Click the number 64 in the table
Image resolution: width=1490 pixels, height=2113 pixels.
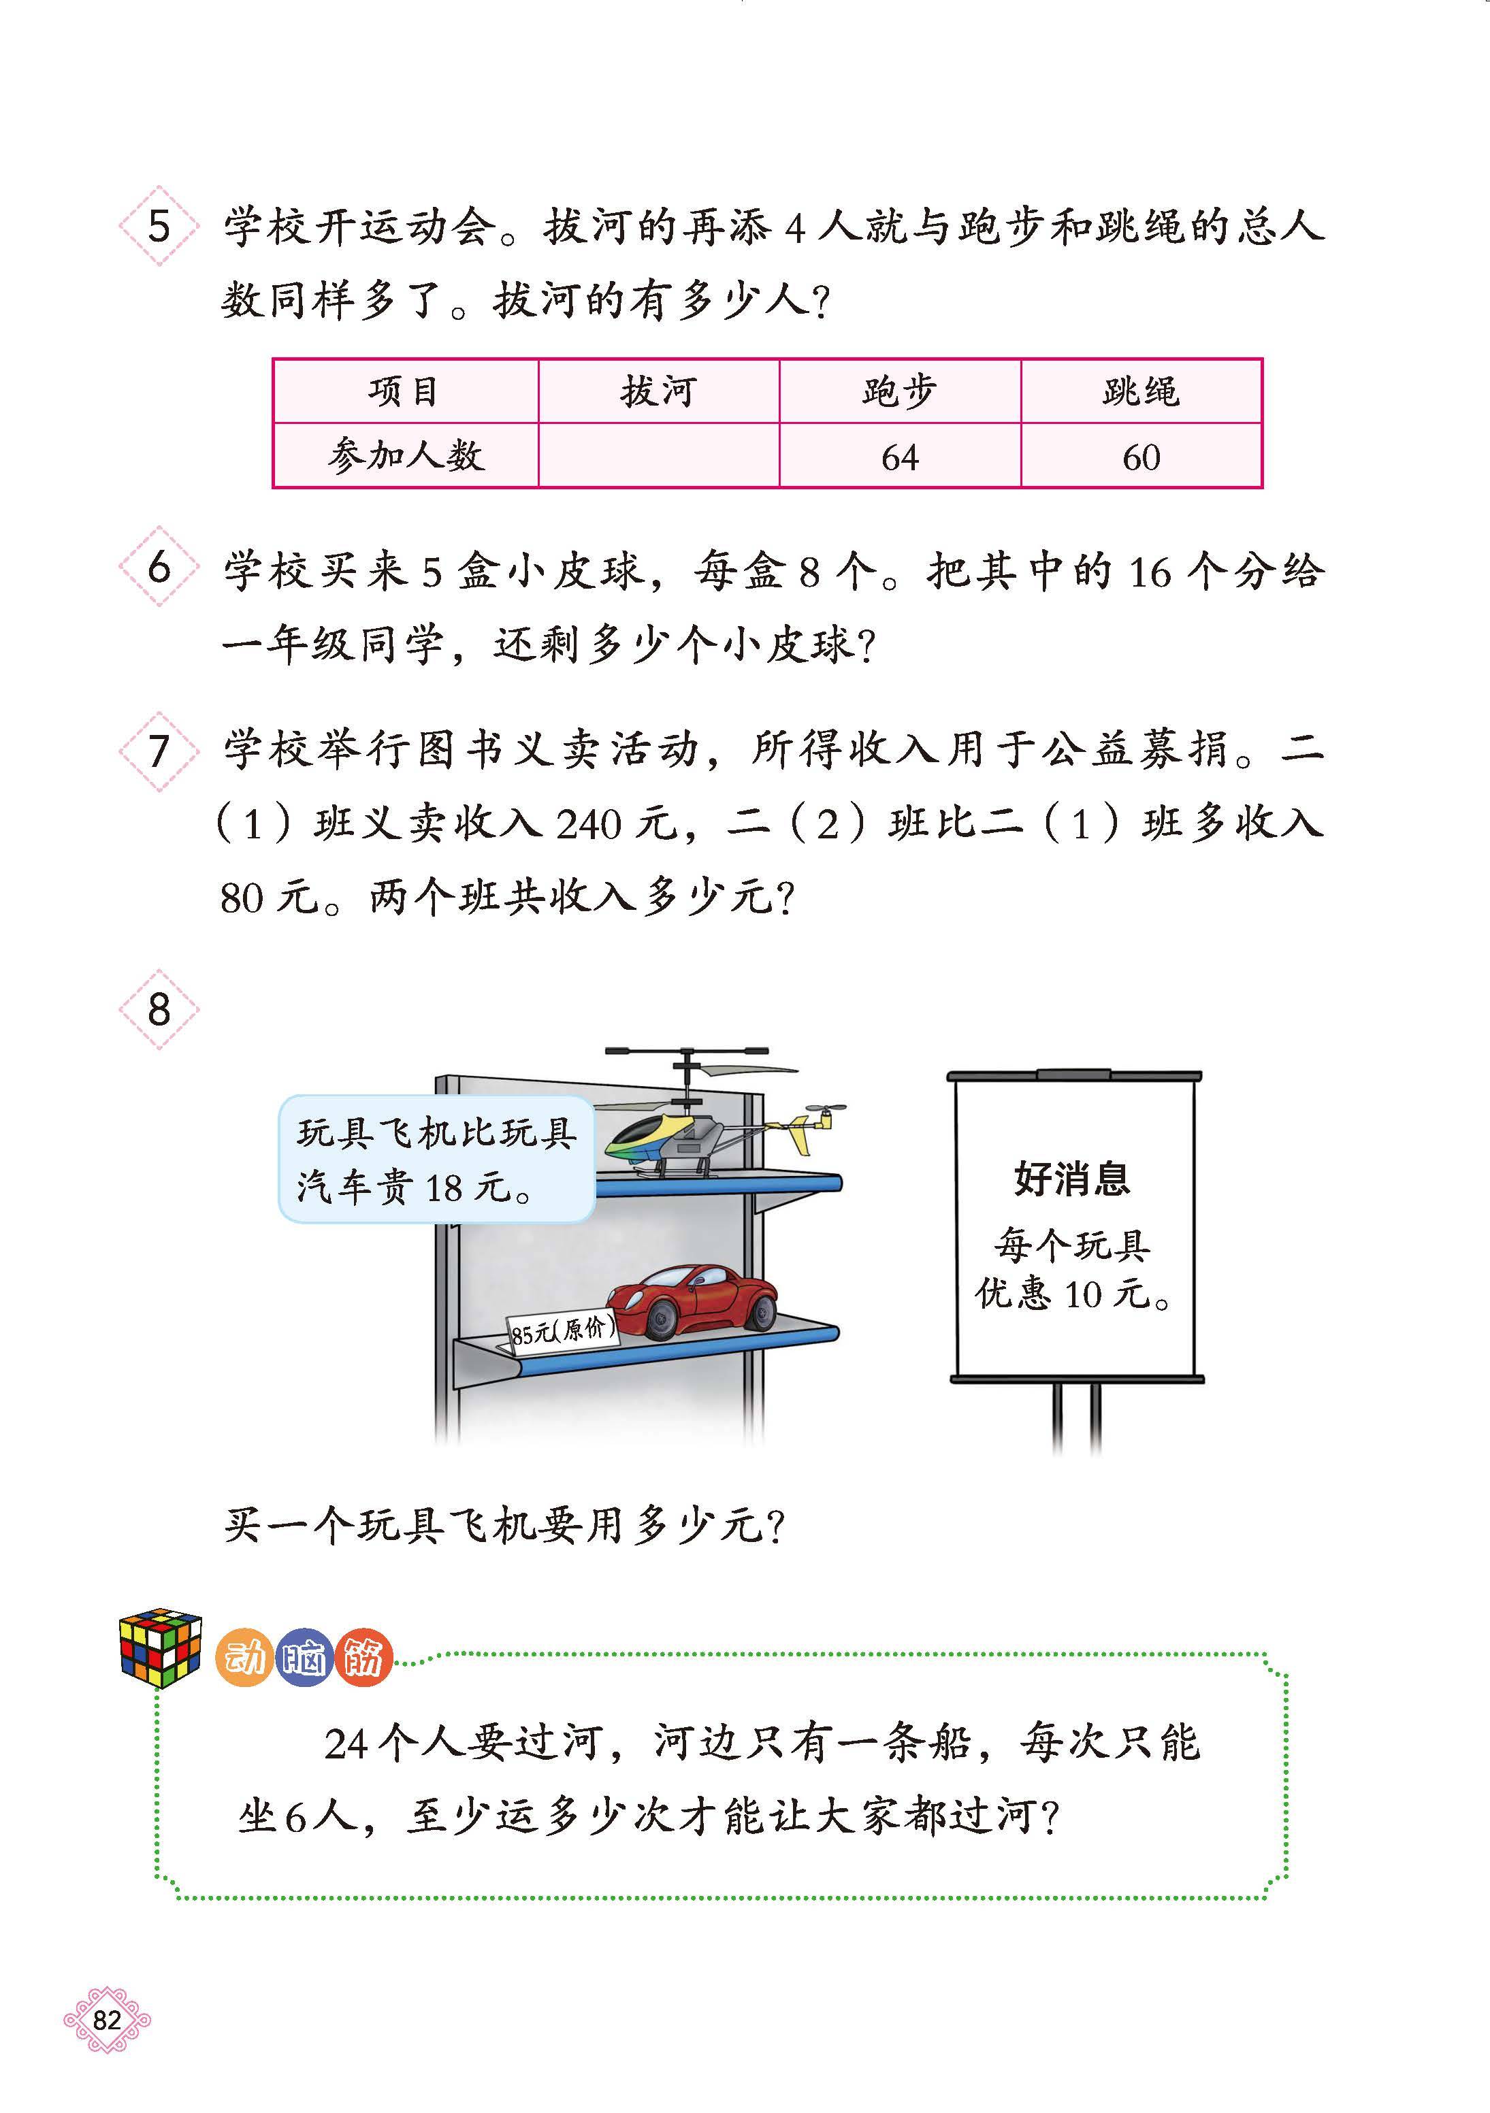899,457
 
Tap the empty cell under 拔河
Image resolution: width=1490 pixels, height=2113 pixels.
658,455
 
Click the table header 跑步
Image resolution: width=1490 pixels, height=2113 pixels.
899,392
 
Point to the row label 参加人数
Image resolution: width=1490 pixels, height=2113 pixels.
405,455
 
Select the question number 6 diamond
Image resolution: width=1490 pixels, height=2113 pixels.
159,567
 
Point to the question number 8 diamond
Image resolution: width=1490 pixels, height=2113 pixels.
159,1010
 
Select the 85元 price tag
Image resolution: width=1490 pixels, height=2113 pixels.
562,1331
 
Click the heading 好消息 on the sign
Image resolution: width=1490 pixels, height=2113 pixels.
1071,1179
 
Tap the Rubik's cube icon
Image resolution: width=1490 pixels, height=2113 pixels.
160,1648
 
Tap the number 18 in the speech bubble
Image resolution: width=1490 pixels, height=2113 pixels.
444,1189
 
